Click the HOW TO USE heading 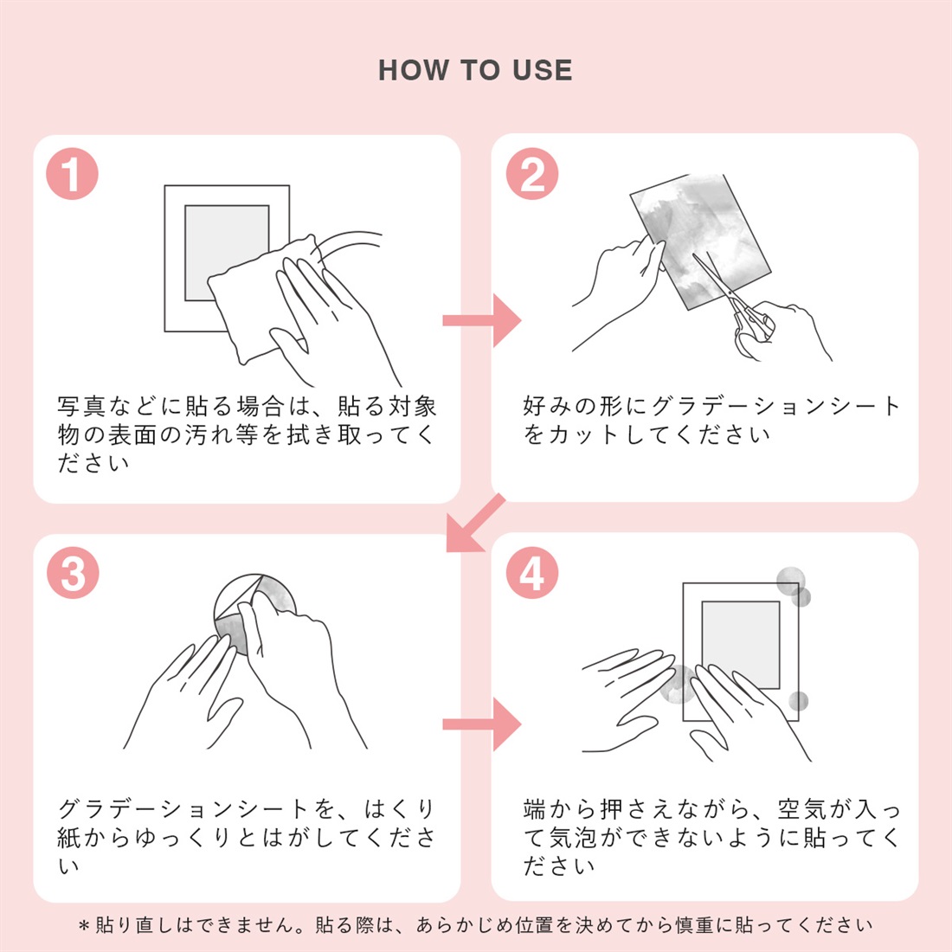475,70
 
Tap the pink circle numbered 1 72,174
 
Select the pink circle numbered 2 532,174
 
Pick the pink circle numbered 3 73,573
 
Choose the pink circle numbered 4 532,573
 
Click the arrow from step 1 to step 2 481,320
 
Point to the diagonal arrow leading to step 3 475,524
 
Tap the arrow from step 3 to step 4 481,724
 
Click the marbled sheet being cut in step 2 701,241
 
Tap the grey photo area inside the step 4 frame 741,645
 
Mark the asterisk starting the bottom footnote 85,926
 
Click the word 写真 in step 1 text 82,406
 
